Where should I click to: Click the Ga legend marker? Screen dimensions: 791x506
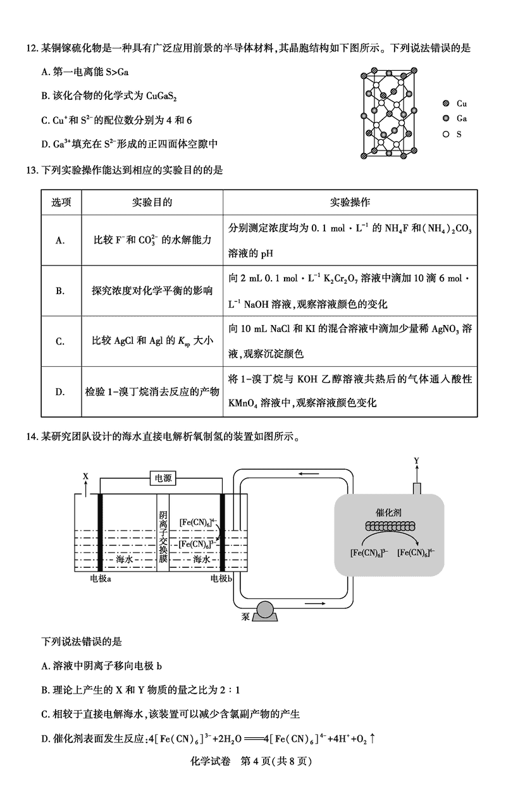point(445,119)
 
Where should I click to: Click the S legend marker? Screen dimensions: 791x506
point(445,134)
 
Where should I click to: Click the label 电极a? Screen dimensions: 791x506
point(101,578)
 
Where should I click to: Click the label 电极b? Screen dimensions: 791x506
point(222,578)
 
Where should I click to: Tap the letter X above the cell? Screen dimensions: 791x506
point(86,475)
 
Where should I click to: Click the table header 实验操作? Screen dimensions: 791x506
point(350,202)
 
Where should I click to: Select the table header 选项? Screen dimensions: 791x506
point(61,202)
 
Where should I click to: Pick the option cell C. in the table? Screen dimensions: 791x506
point(61,341)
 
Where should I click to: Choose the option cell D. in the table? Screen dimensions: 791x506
point(61,392)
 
